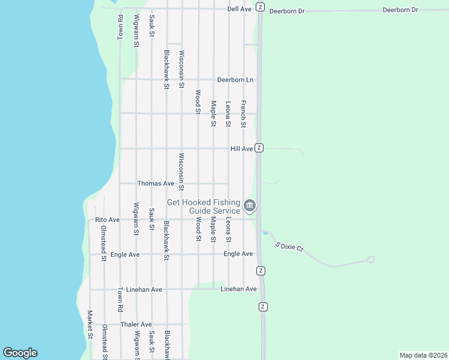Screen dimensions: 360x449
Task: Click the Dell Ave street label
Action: [x=239, y=10]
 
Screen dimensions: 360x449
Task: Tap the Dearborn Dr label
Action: [x=288, y=11]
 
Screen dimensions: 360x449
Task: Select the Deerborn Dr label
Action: [x=400, y=10]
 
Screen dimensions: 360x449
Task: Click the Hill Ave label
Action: [x=241, y=148]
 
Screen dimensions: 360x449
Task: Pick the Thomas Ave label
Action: [x=155, y=184]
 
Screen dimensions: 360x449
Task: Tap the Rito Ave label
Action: [x=107, y=220]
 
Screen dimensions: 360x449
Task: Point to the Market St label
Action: [x=89, y=324]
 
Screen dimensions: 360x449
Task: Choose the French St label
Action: [x=244, y=114]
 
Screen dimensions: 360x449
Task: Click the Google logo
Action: [x=20, y=353]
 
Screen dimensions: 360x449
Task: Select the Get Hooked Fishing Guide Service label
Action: [x=203, y=207]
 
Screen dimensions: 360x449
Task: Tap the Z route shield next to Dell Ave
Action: [x=259, y=7]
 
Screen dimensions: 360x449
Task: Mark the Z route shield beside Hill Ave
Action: [x=259, y=148]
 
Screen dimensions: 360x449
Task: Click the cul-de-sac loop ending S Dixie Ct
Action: [x=370, y=260]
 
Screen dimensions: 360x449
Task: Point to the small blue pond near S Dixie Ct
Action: [x=265, y=232]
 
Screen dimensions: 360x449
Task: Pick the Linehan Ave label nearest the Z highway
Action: [x=238, y=289]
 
